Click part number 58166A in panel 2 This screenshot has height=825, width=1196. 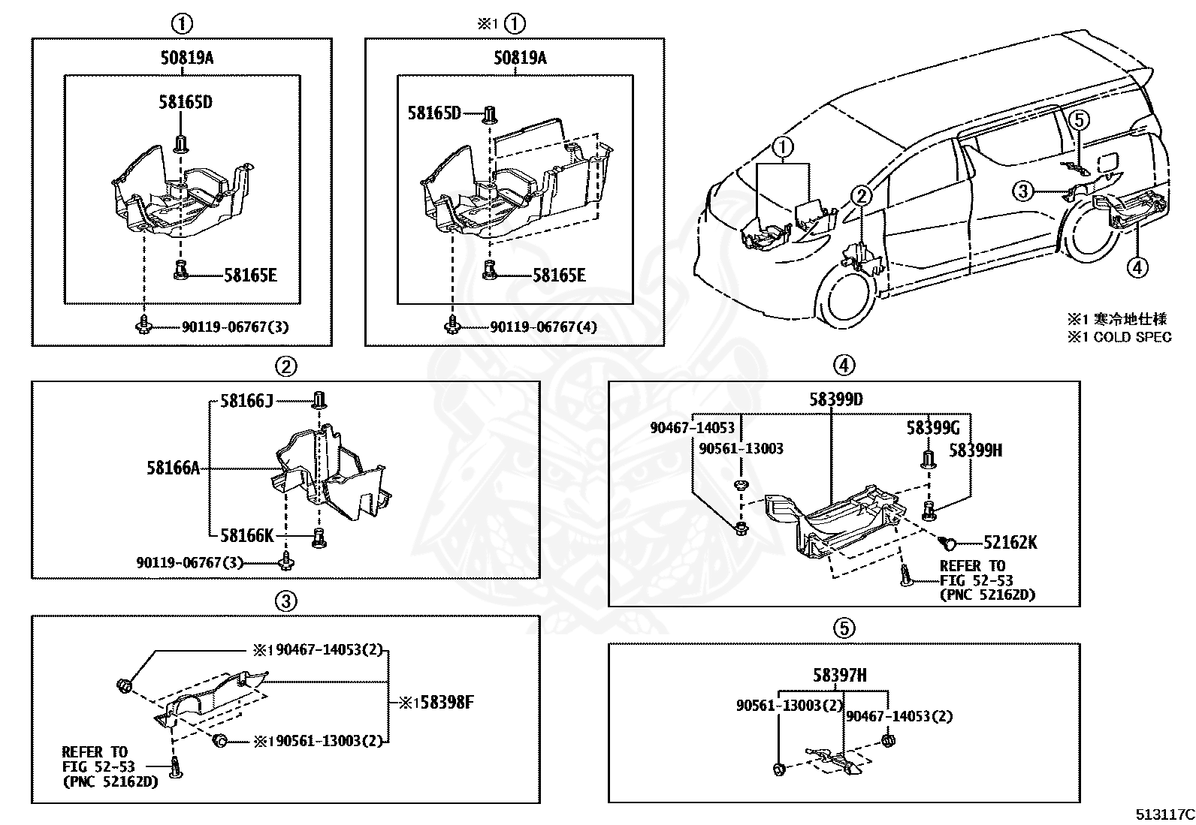pyautogui.click(x=173, y=468)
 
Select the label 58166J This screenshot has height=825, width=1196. pyautogui.click(x=246, y=401)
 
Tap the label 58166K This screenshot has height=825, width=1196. pyautogui.click(x=246, y=535)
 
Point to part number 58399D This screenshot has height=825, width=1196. pyautogui.click(x=835, y=399)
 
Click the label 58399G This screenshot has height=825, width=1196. pyautogui.click(x=932, y=428)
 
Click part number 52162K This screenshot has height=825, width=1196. pyautogui.click(x=1010, y=542)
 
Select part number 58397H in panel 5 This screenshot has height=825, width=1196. pyautogui.click(x=839, y=676)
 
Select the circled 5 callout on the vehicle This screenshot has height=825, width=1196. pyautogui.click(x=1078, y=119)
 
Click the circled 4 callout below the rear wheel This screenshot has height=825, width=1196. pyautogui.click(x=1137, y=266)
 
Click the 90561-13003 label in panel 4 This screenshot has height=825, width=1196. pyautogui.click(x=741, y=449)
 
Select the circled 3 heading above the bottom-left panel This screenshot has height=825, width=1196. pyautogui.click(x=285, y=600)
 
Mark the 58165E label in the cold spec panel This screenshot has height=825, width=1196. pyautogui.click(x=559, y=276)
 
